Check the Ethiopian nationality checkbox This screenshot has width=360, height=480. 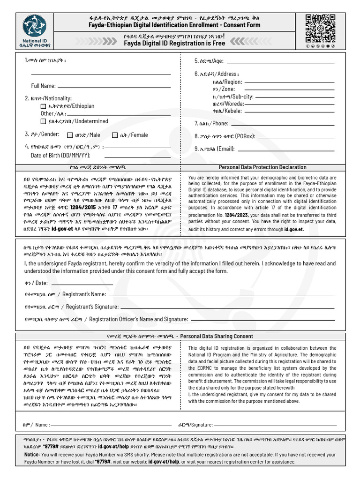(44, 106)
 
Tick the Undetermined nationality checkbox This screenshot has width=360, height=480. (44, 121)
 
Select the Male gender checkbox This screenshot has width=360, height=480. (70, 135)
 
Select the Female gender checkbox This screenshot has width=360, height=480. (115, 135)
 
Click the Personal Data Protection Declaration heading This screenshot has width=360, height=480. (262, 167)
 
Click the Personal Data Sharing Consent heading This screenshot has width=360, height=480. (217, 336)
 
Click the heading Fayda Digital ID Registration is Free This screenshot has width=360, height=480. (174, 43)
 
